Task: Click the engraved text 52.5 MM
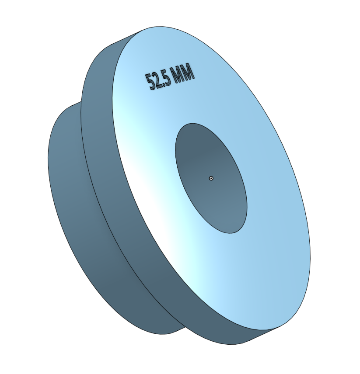point(170,78)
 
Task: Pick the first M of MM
point(178,75)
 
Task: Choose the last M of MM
point(188,72)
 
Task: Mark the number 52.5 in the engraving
point(158,81)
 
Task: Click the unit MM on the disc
point(183,73)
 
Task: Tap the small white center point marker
point(211,178)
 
